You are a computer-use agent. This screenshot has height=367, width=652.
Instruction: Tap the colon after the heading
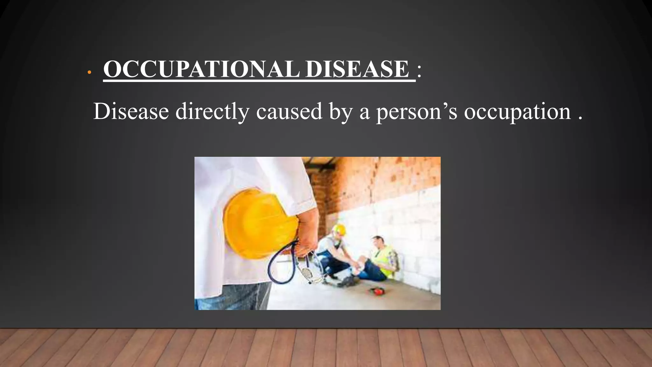click(419, 70)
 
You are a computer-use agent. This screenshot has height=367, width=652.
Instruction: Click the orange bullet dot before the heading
click(89, 73)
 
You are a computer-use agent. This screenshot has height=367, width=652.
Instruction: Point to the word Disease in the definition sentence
click(131, 112)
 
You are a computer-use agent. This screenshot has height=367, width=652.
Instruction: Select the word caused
click(289, 112)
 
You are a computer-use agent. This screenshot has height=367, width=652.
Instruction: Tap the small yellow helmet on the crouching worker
click(340, 229)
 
